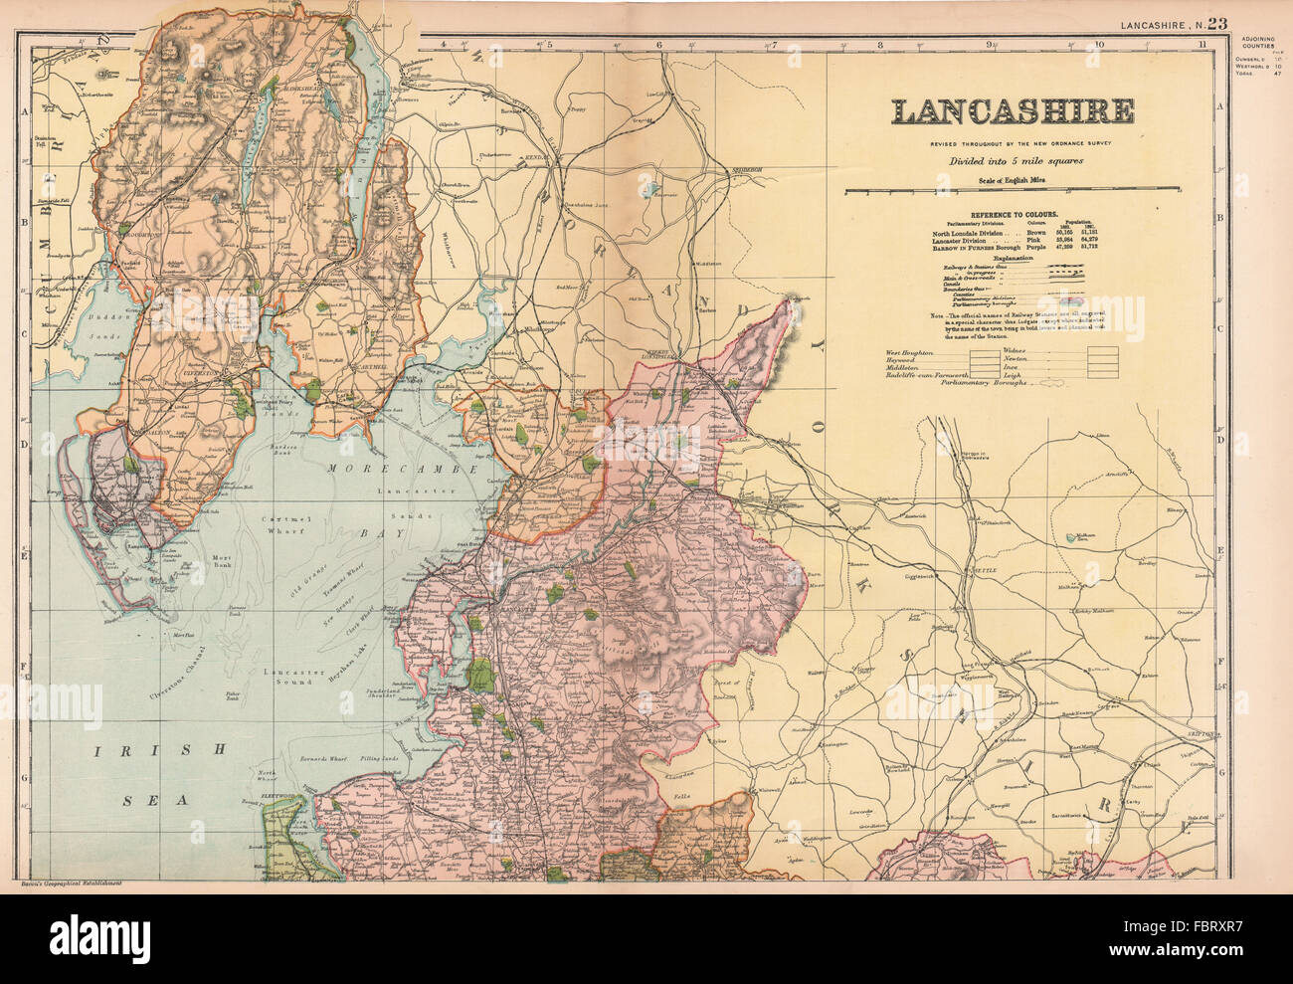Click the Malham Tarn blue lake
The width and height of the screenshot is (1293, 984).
click(x=1073, y=536)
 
